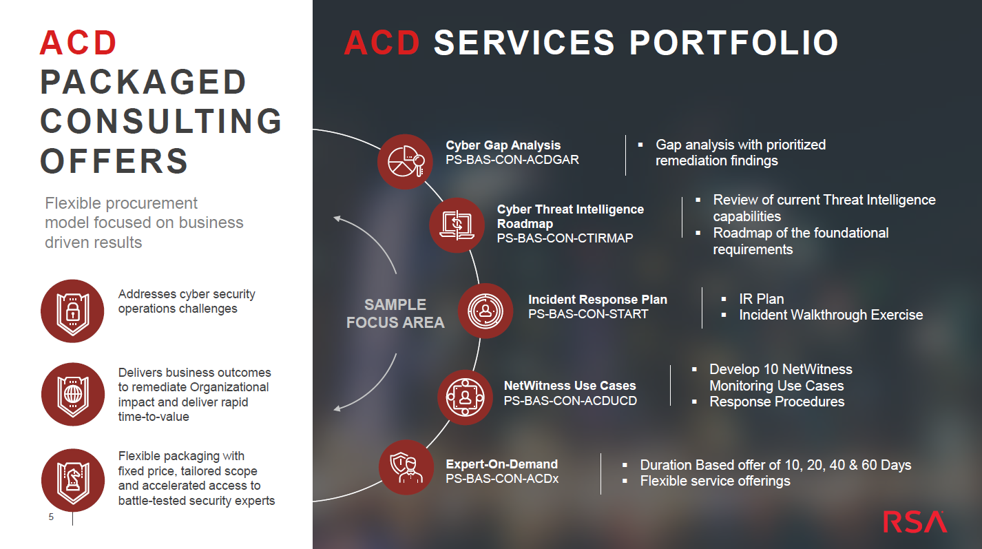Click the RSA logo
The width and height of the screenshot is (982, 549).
tap(915, 522)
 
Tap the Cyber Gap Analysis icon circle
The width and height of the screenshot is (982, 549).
tap(405, 161)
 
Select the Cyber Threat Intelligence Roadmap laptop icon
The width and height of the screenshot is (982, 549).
tap(457, 225)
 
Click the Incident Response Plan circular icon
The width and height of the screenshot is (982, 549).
tap(485, 311)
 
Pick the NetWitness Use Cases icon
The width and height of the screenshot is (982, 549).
tap(465, 397)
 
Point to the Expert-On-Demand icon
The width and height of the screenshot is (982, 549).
tap(406, 468)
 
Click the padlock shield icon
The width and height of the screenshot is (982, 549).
tap(72, 311)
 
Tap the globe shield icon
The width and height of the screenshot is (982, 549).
tap(73, 394)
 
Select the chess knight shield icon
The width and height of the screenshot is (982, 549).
tap(73, 480)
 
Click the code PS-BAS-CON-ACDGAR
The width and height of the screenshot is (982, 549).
tap(512, 160)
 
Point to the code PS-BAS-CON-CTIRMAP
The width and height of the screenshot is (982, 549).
tap(565, 238)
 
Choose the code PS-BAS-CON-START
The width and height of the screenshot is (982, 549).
tap(588, 314)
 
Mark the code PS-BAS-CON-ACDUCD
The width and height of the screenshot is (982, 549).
tap(570, 401)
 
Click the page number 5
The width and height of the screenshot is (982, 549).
tap(51, 517)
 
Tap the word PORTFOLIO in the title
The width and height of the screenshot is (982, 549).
tap(734, 43)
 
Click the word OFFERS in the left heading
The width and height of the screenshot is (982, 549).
tap(114, 161)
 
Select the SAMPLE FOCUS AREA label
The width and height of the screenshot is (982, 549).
tap(395, 313)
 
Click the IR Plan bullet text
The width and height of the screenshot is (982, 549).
tap(762, 299)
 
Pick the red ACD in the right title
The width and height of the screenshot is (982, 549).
tap(382, 43)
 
